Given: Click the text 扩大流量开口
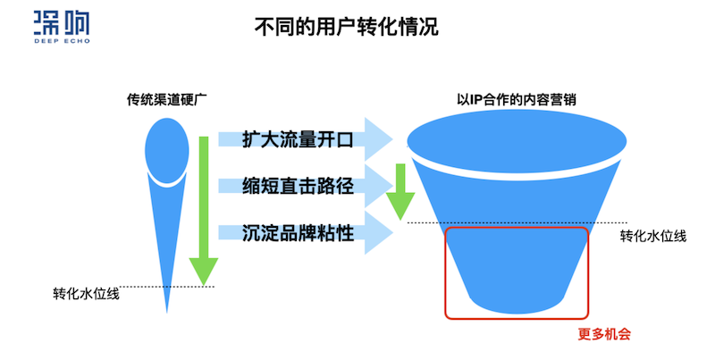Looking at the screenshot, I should point(299,140).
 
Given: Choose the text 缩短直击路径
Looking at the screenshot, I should point(299,187).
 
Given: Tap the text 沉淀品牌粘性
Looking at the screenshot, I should point(299,233).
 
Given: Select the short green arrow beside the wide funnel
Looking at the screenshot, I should point(400,192).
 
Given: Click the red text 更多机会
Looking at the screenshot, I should point(604,335).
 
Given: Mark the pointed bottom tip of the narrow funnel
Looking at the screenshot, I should point(167,309).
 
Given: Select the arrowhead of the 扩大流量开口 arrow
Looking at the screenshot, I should point(381,140).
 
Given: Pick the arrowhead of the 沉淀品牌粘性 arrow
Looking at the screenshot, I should point(381,233).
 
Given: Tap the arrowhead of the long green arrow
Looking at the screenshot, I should point(205,272).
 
